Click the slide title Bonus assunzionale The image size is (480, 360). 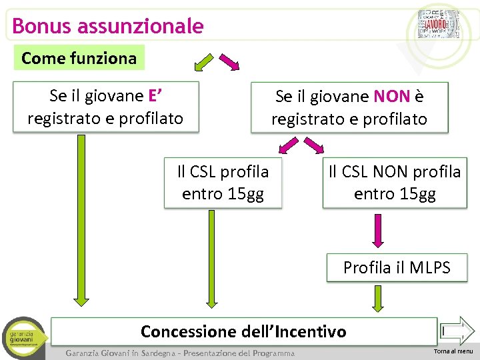[108, 26]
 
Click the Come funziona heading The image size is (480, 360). [79, 58]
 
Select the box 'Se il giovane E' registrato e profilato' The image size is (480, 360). [105, 107]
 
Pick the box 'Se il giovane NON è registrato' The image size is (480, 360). [349, 107]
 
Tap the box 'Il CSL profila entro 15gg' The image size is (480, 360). [223, 183]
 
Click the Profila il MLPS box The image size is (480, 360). [396, 268]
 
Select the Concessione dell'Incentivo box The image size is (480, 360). [244, 331]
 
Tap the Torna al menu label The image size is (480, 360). [453, 351]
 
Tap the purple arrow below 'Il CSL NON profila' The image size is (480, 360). [378, 231]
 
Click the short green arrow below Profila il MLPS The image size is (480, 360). [378, 299]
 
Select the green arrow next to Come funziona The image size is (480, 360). [203, 62]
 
